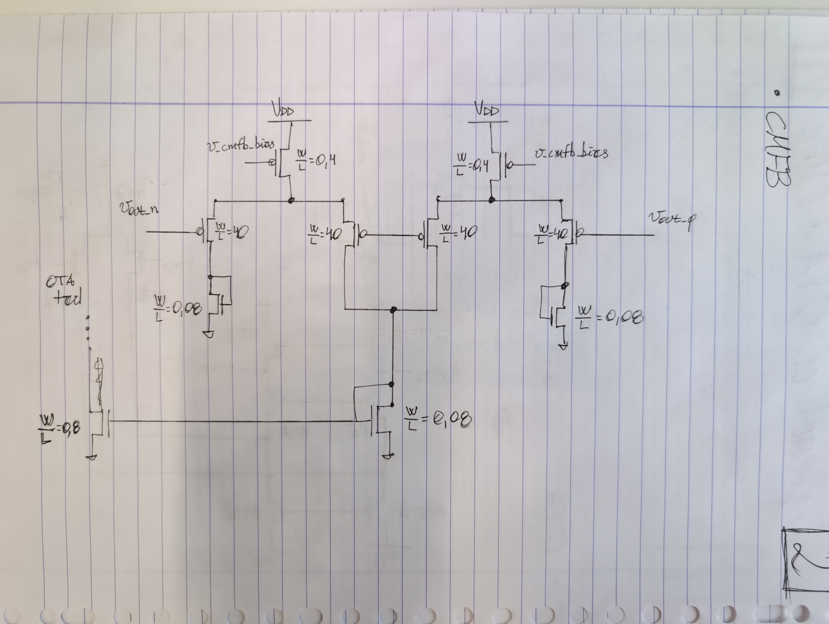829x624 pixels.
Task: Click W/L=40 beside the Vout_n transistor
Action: [230, 232]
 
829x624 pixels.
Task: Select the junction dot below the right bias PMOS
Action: [492, 200]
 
